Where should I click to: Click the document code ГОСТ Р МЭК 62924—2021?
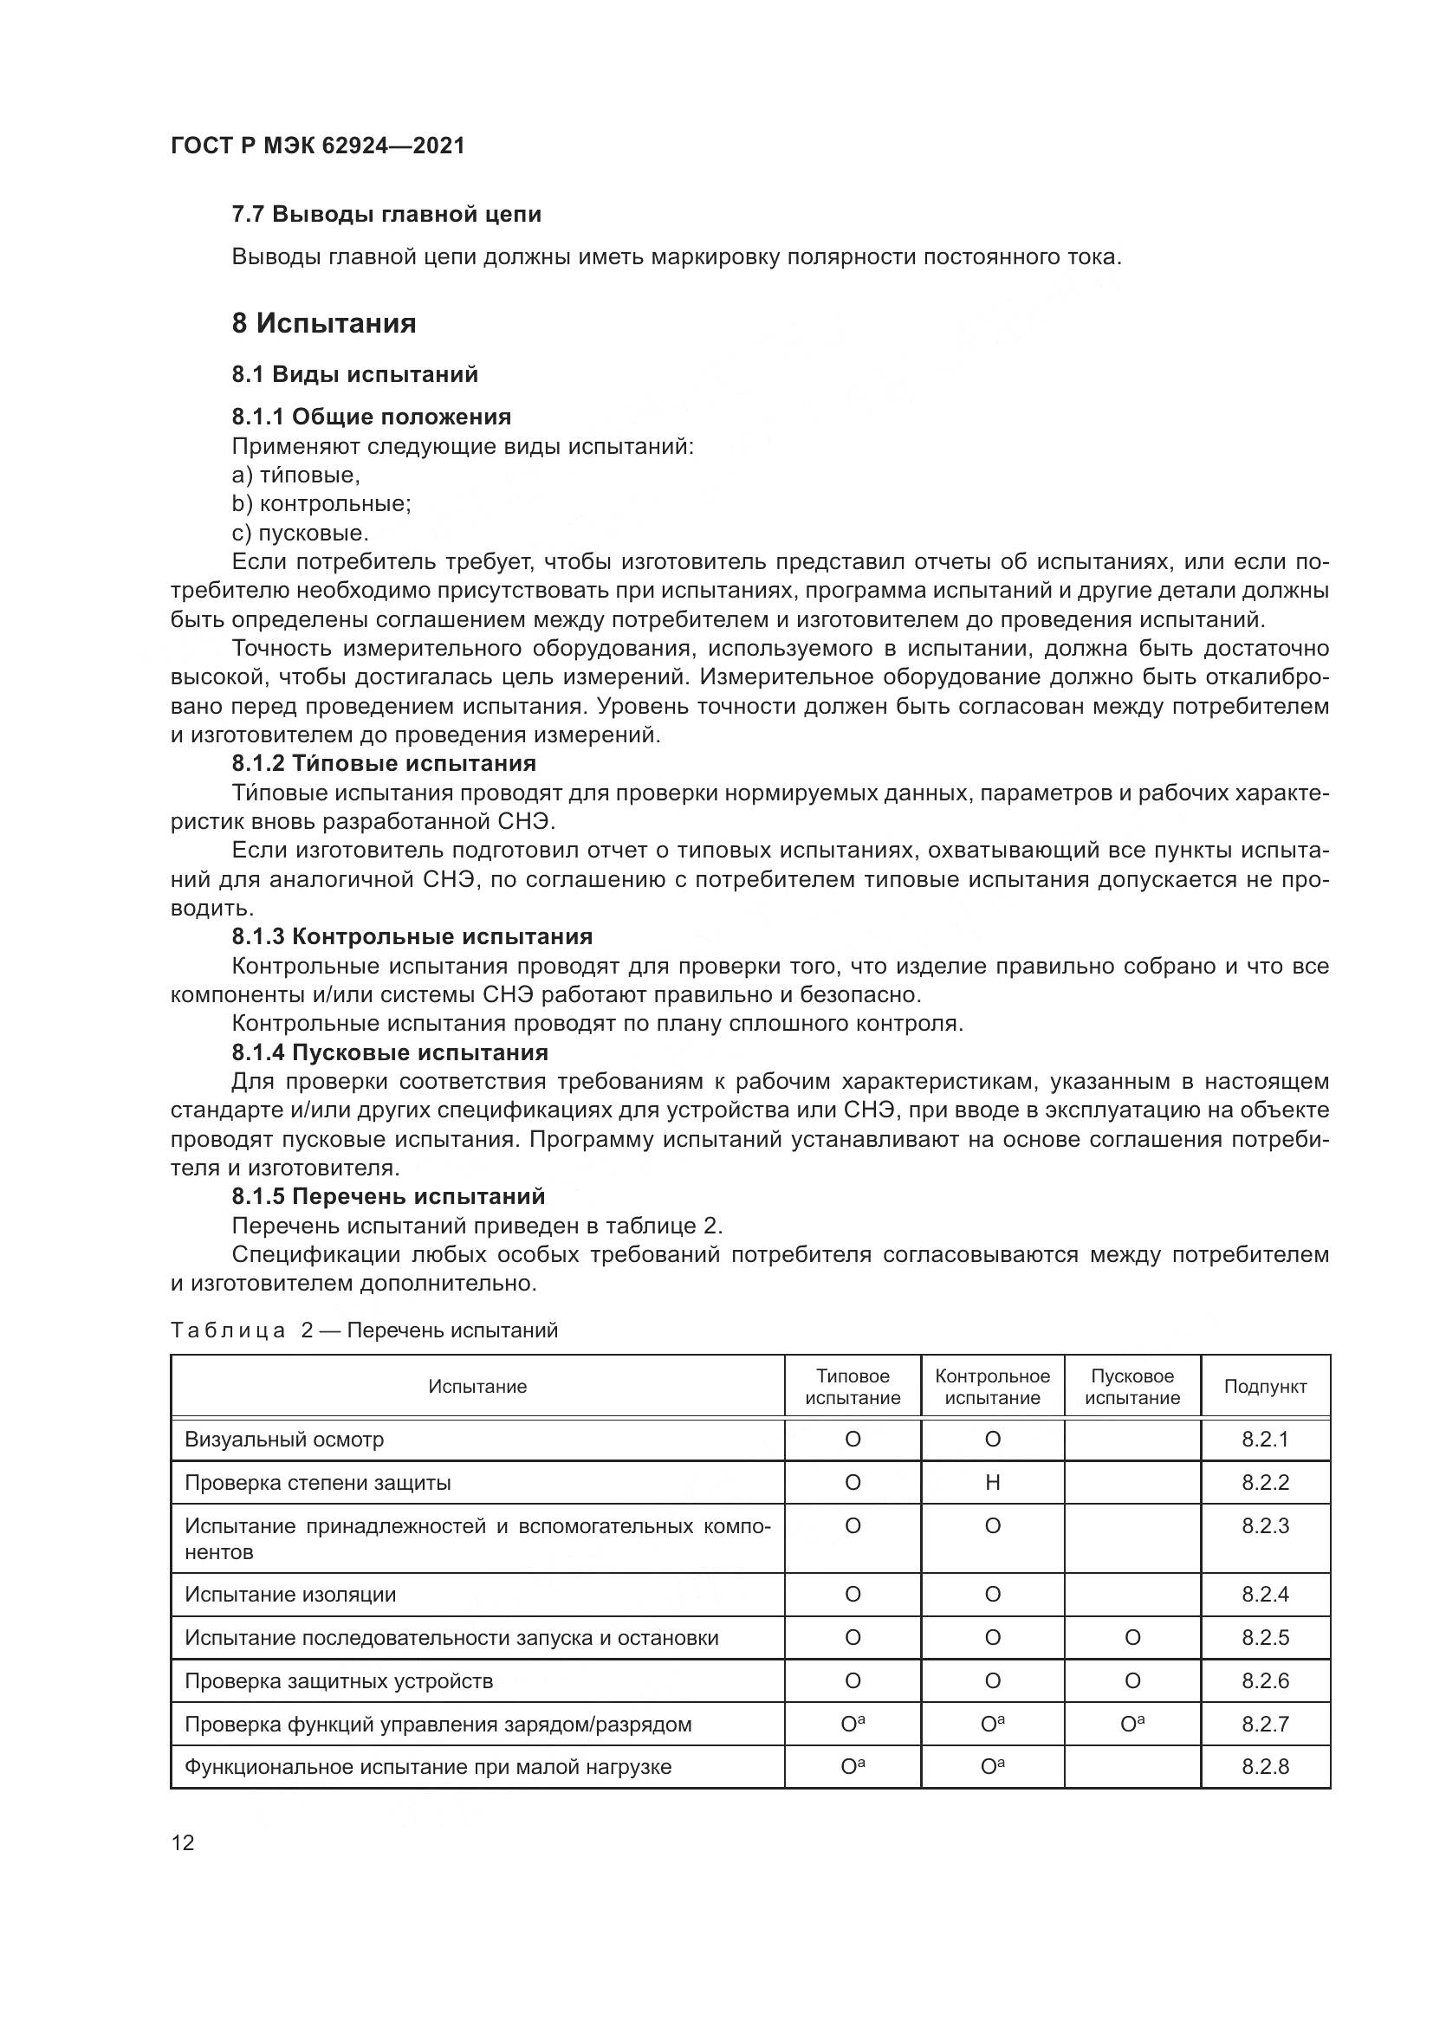tap(318, 146)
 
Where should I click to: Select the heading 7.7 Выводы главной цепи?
tap(386, 215)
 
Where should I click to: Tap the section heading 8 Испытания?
tap(324, 324)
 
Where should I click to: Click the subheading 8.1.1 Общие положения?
tap(372, 417)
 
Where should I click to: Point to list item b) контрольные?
tap(321, 504)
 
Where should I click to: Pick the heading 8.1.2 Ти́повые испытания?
tap(384, 763)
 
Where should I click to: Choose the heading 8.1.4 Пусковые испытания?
tap(390, 1052)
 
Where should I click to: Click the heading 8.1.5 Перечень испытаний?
tap(388, 1196)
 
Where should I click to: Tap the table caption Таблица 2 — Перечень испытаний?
tap(364, 1330)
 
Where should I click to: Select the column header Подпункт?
tap(1264, 1386)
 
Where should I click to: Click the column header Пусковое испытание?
tap(1132, 1386)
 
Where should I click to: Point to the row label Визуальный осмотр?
tap(284, 1440)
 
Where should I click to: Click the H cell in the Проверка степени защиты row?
tap(993, 1482)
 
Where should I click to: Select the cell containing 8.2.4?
tap(1264, 1595)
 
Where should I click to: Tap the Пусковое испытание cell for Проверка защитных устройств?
tap(1132, 1681)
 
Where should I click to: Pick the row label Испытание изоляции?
tap(290, 1595)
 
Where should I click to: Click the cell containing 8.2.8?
tap(1264, 1766)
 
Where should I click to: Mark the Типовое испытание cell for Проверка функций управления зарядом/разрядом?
tap(853, 1725)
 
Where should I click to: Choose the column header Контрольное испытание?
tap(993, 1386)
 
